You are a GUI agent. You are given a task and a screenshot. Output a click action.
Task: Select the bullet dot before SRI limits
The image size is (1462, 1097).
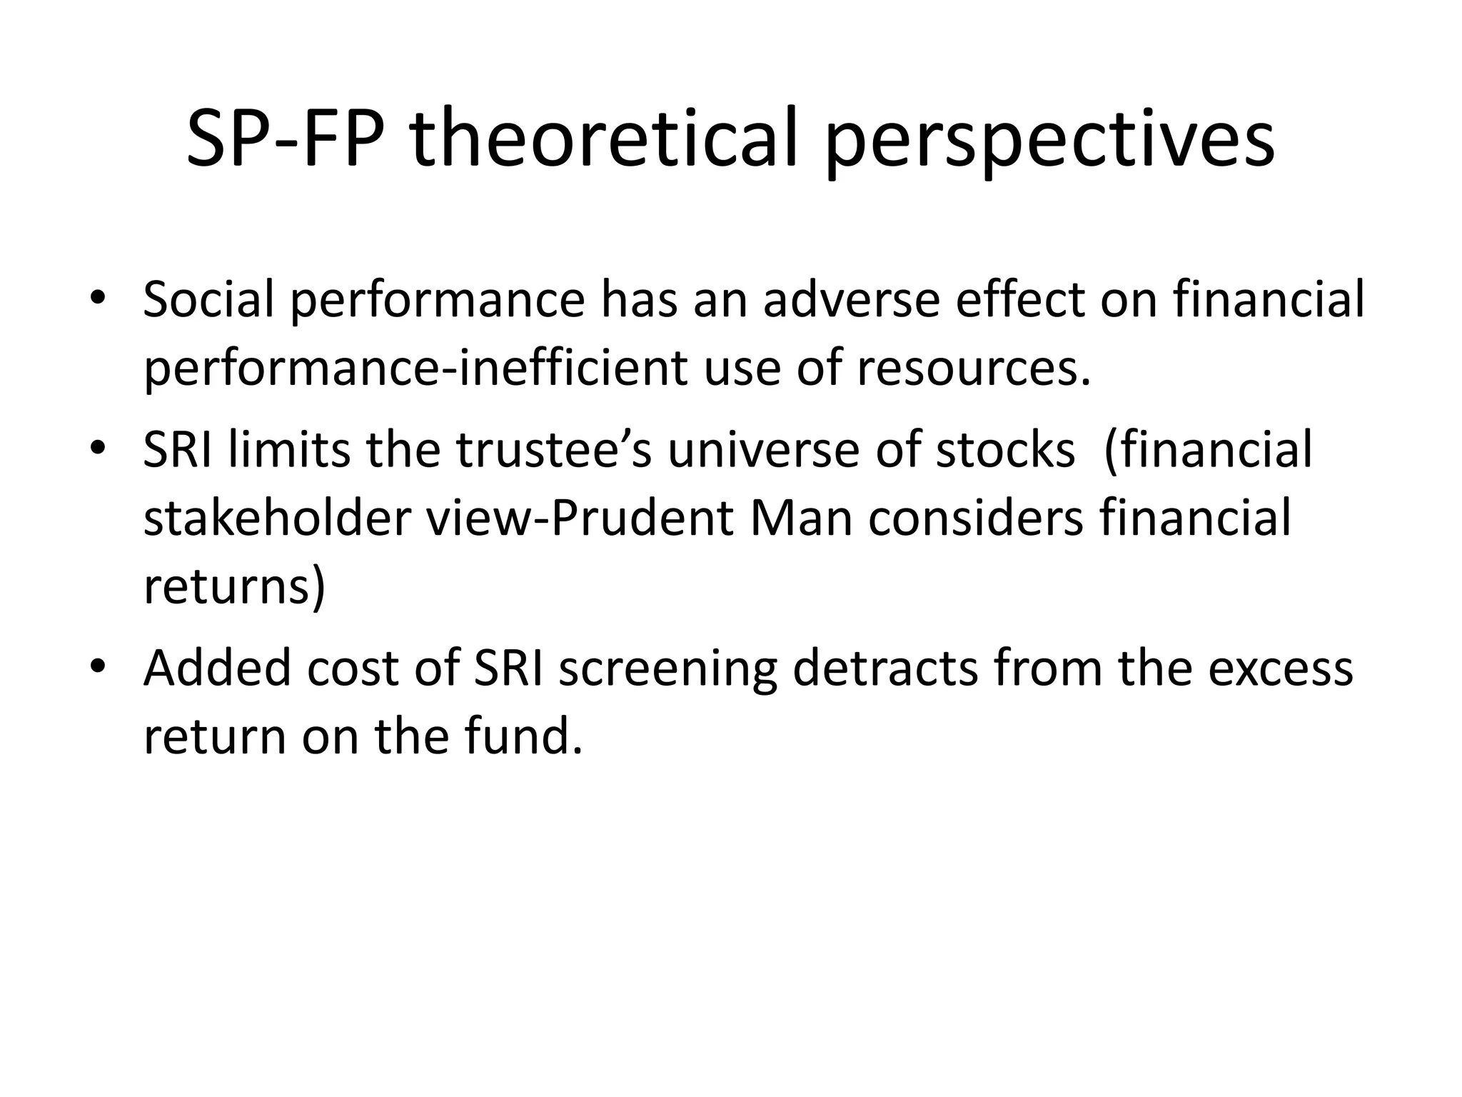click(x=98, y=449)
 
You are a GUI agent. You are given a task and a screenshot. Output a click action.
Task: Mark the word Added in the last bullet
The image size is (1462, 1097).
click(x=217, y=668)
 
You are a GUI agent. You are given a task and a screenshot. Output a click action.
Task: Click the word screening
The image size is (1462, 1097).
click(x=667, y=668)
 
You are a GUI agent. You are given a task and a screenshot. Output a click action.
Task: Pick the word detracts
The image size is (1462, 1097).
click(x=885, y=668)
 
